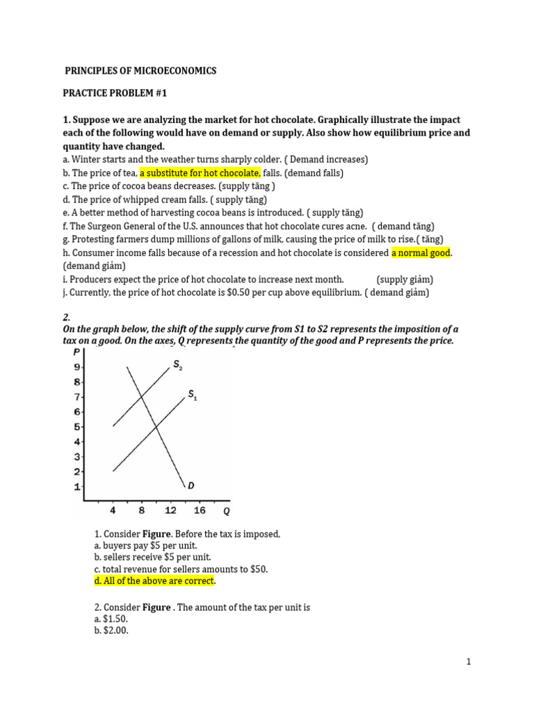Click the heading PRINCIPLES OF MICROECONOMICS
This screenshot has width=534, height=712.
140,71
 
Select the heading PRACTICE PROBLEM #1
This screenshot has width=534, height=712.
115,93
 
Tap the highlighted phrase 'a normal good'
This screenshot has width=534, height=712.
421,253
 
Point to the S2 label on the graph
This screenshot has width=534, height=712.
177,364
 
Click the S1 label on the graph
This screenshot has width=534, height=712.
193,396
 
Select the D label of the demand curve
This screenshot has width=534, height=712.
191,485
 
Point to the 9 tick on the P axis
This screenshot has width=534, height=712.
78,367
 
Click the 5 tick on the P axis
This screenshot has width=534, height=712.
78,427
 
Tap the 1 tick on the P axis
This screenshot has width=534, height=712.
78,487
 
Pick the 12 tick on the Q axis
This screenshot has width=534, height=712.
170,510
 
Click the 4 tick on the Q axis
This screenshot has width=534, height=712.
113,510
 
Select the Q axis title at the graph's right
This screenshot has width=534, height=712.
226,511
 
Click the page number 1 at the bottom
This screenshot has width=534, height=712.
469,662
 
